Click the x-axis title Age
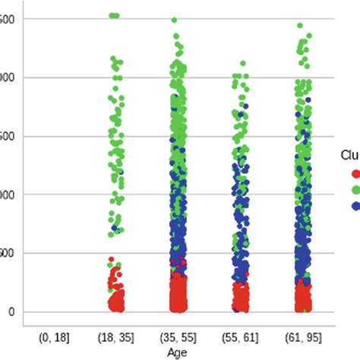click(177, 352)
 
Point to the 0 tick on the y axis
click(11, 311)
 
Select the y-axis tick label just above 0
click(7, 253)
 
